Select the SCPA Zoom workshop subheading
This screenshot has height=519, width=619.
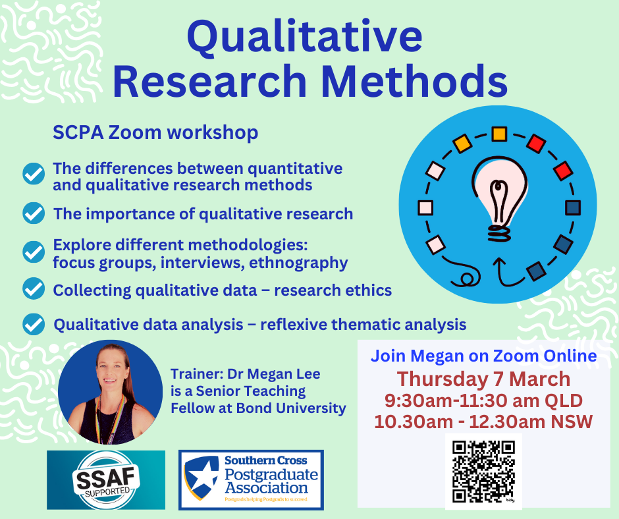(x=155, y=132)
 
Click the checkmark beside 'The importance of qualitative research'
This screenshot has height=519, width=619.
(x=34, y=213)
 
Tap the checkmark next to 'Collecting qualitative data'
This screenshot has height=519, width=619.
(x=34, y=288)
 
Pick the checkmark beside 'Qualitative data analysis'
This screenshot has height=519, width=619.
(x=34, y=324)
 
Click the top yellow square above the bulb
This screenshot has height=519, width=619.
(x=499, y=134)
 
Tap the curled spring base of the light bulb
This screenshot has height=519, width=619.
(x=499, y=232)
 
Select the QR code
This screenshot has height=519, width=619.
(x=483, y=471)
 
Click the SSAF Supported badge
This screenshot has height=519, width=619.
(x=106, y=480)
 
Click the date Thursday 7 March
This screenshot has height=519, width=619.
(x=483, y=379)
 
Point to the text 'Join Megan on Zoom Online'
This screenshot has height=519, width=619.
(x=483, y=356)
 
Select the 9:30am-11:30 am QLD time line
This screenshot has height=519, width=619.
(x=483, y=400)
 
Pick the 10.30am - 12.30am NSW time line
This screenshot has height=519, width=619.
(x=483, y=422)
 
